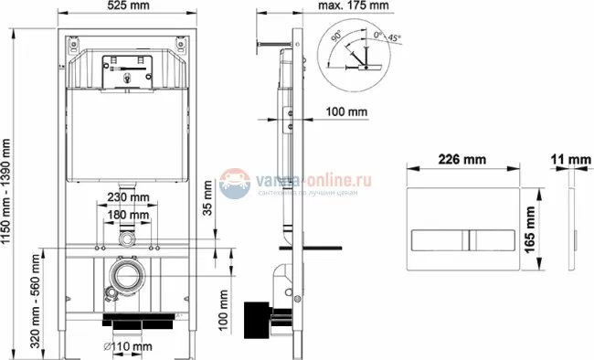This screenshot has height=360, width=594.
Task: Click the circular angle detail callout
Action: click(x=358, y=55)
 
